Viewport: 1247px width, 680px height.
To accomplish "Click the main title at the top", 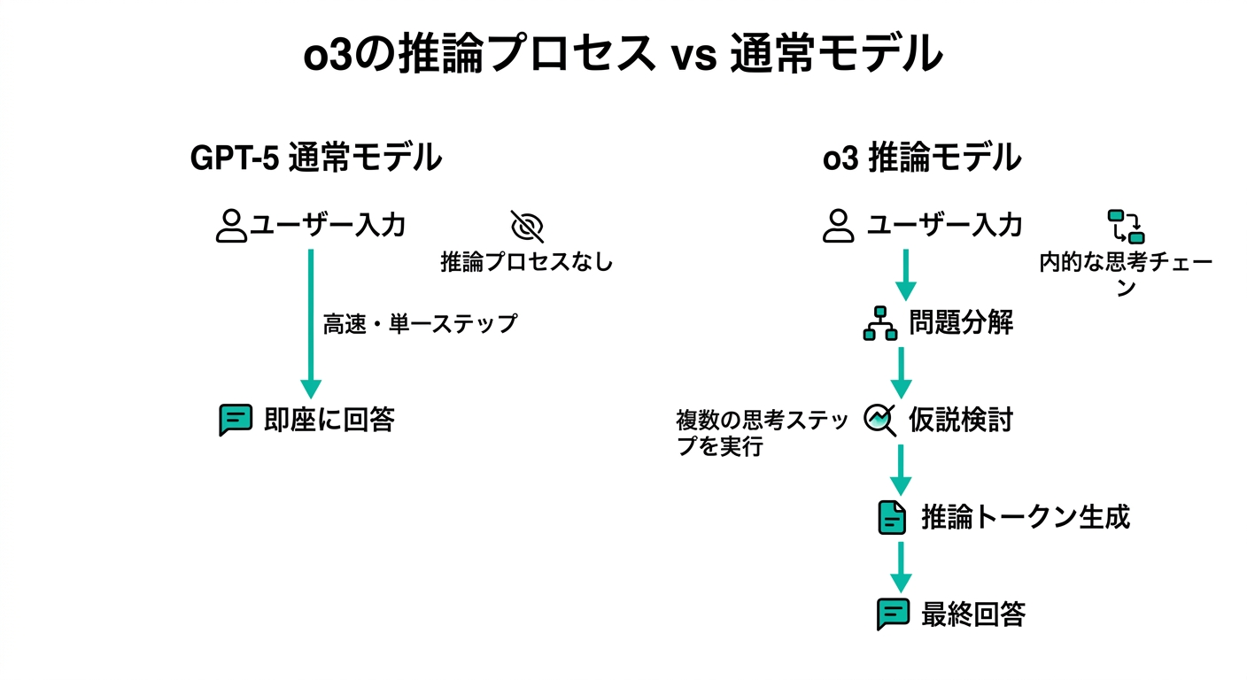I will click(x=623, y=56).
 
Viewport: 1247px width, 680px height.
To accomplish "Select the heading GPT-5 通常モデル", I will click(x=316, y=158).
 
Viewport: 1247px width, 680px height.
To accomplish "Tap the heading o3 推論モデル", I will click(x=922, y=158).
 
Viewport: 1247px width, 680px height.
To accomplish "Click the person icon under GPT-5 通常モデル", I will click(x=231, y=226).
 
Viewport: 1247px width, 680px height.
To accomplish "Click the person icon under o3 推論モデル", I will click(x=837, y=226).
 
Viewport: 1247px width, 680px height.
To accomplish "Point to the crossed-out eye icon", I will click(x=527, y=227).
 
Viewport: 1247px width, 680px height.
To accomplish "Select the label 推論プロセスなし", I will click(x=527, y=262).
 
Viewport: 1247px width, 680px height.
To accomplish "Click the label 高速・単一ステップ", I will click(x=419, y=324).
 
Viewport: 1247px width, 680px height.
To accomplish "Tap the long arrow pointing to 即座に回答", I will click(x=310, y=323).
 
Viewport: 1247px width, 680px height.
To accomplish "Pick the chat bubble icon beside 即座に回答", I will click(x=235, y=420).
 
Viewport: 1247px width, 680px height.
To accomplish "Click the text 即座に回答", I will click(x=329, y=420).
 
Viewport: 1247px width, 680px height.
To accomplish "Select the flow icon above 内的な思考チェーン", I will click(x=1126, y=227).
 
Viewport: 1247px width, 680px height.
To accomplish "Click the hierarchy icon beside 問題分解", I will click(x=880, y=323).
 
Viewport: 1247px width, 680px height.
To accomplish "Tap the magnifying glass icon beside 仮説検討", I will click(x=880, y=419).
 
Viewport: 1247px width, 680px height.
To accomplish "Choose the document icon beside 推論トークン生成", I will click(x=892, y=517).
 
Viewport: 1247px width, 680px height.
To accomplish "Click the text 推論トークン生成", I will click(x=1026, y=517).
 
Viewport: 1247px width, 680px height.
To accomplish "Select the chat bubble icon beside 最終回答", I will click(x=892, y=614).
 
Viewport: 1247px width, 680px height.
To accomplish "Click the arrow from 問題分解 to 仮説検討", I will click(x=901, y=372).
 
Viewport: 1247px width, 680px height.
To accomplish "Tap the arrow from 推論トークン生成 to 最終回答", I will click(x=901, y=566).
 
